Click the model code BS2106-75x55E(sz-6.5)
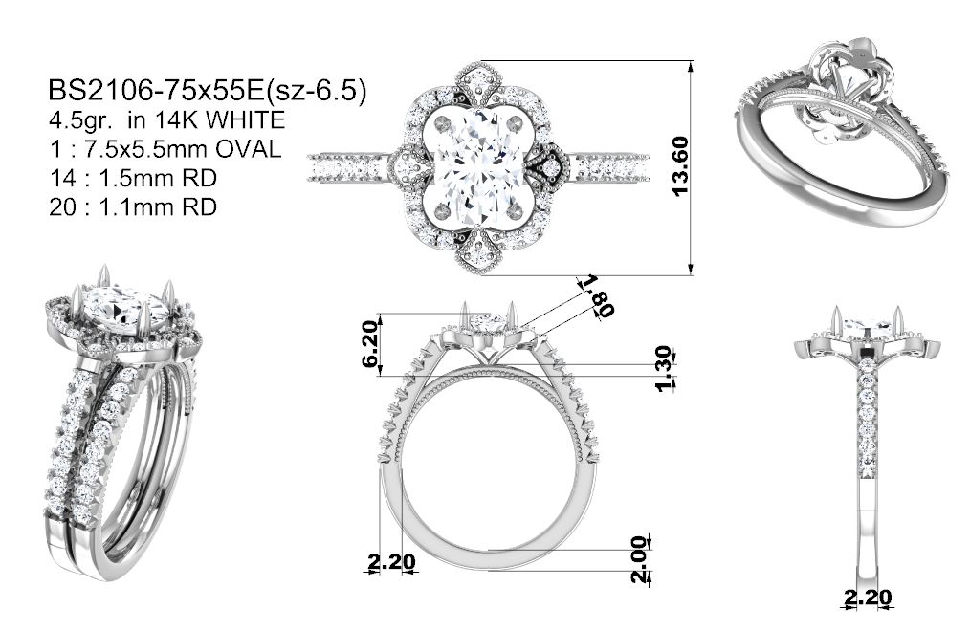[x=208, y=90]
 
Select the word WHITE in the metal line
[x=245, y=119]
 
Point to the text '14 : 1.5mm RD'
[x=133, y=178]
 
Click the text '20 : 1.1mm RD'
[x=133, y=206]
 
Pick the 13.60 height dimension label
[x=679, y=166]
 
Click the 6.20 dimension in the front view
[x=370, y=344]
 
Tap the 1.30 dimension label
[x=663, y=368]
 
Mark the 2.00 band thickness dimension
[x=640, y=559]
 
